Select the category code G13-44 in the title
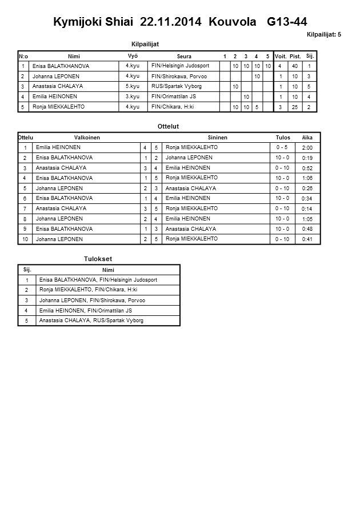point(287,22)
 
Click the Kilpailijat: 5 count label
point(324,35)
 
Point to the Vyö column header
point(133,55)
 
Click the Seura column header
point(184,56)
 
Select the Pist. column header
point(295,56)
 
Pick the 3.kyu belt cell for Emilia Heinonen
point(133,97)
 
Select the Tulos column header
point(283,138)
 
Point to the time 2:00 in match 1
point(307,148)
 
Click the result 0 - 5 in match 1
point(282,147)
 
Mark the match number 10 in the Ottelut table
point(25,239)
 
